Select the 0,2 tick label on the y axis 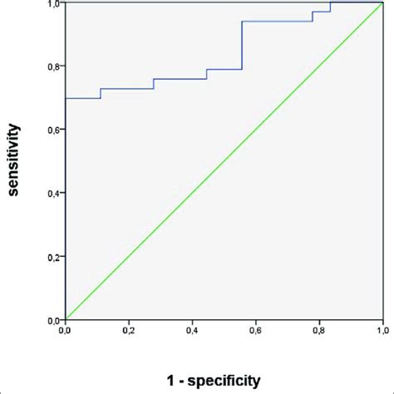[x=53, y=257]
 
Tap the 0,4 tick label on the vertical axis [x=53, y=194]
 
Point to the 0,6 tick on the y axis [x=53, y=130]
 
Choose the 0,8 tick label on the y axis [x=53, y=66]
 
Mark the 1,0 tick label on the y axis [x=53, y=4]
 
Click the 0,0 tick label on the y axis [x=53, y=320]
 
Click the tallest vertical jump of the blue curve [x=242, y=46]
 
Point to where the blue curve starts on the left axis [x=66, y=98]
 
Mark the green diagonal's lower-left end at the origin [x=66, y=319]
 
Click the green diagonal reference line [x=224, y=161]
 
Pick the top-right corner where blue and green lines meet [x=382, y=3]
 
